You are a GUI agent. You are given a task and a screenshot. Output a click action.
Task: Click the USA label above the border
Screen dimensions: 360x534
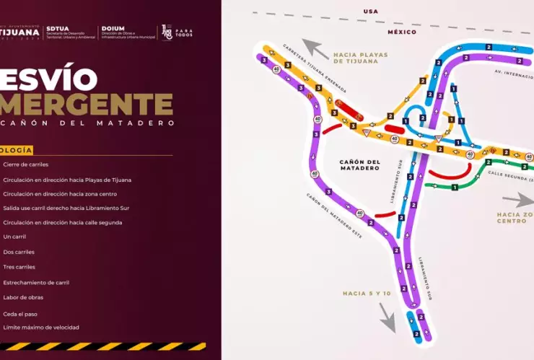coord(371,12)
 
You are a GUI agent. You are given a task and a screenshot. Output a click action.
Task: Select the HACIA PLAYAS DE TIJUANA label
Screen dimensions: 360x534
coord(355,57)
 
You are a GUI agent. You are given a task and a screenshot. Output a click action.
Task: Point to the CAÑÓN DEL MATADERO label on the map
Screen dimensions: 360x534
coord(359,164)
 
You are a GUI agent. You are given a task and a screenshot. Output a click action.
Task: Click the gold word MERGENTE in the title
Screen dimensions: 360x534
coord(87,103)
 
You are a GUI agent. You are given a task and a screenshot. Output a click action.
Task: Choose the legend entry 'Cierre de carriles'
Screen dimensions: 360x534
coord(25,164)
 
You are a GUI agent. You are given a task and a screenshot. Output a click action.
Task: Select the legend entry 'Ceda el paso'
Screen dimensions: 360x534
coord(20,314)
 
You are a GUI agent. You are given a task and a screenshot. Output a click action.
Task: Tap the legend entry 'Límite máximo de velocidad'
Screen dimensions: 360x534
coord(40,328)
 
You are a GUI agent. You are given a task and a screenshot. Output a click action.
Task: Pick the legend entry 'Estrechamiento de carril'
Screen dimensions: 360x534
coord(36,282)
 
